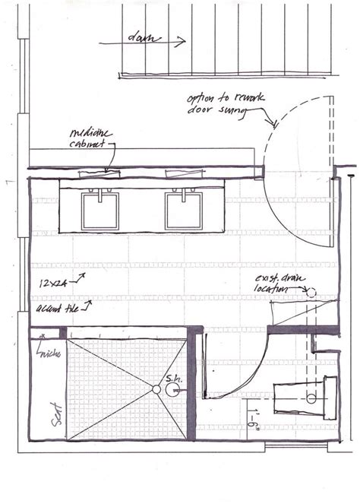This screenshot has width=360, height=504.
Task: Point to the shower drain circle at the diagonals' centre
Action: click(x=156, y=390)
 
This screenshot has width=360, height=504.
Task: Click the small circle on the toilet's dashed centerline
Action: click(x=311, y=398)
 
